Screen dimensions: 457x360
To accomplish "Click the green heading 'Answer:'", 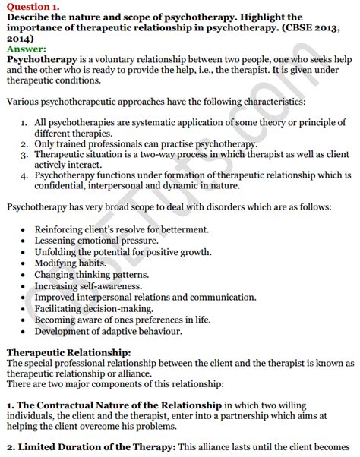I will click(25, 48).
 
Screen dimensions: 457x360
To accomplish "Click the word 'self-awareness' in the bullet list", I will click(137, 285).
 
